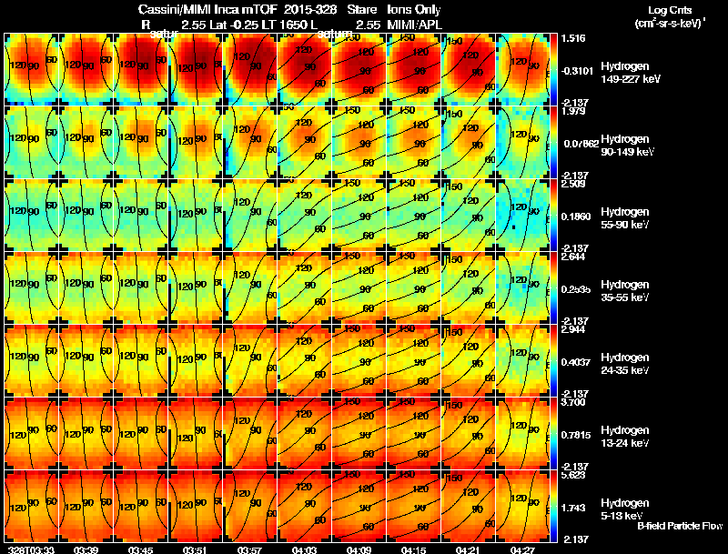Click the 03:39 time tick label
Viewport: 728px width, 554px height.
point(87,549)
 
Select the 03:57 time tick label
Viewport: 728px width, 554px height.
point(249,549)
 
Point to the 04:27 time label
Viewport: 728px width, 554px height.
point(523,549)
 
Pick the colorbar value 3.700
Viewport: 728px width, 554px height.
point(573,401)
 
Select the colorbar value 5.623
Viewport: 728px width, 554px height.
point(573,474)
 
